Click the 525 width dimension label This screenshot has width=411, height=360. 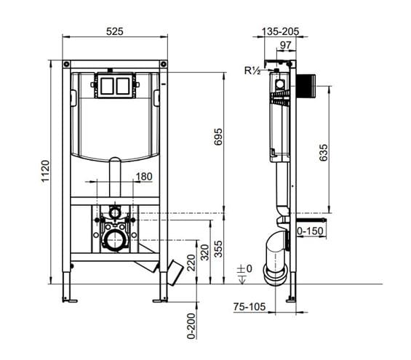pyautogui.click(x=114, y=31)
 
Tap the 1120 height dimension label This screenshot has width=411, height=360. pyautogui.click(x=45, y=171)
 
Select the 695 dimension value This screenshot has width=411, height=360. pyautogui.click(x=218, y=137)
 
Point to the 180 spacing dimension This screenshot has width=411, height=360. pyautogui.click(x=144, y=177)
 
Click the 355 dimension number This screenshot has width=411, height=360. pyautogui.click(x=218, y=249)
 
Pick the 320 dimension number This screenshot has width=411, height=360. pyautogui.click(x=204, y=252)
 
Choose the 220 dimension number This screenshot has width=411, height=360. pyautogui.click(x=191, y=263)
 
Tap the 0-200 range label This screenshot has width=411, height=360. pyautogui.click(x=191, y=326)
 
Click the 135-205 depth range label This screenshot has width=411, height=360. pyautogui.click(x=281, y=32)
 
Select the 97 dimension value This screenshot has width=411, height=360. pyautogui.click(x=285, y=45)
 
